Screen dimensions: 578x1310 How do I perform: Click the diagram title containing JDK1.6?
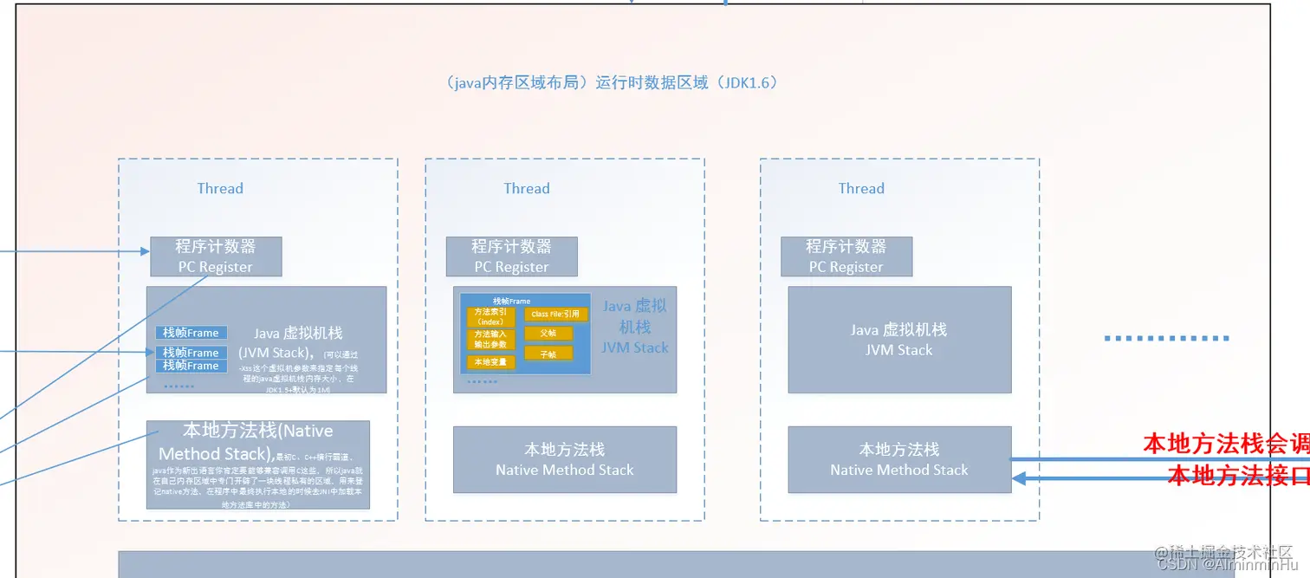(x=613, y=83)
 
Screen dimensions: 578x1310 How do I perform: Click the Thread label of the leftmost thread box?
(x=220, y=188)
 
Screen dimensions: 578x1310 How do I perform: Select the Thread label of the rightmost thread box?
(x=861, y=188)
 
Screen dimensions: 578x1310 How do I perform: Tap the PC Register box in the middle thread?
(x=511, y=257)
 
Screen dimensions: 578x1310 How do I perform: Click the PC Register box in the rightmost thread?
(x=846, y=257)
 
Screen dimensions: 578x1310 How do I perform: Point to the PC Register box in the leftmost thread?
(x=216, y=257)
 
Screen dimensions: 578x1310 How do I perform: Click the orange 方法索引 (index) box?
(x=490, y=316)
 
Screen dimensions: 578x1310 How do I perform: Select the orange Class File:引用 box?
(x=554, y=314)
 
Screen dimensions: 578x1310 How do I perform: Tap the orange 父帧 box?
(x=548, y=333)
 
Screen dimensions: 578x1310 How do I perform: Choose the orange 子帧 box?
(x=548, y=354)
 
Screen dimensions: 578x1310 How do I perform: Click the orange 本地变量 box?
(x=490, y=361)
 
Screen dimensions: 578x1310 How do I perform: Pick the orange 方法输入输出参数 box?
(x=490, y=339)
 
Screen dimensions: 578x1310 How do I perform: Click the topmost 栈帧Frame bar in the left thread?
(x=191, y=333)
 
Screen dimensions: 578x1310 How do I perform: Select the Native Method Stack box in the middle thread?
(x=564, y=459)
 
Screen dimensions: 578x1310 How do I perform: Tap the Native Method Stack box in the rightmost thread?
(x=898, y=459)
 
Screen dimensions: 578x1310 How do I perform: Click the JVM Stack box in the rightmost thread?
(x=898, y=340)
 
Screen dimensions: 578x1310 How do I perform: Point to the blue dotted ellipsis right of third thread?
(x=1166, y=338)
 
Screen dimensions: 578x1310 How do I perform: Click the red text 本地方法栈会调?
(x=1225, y=445)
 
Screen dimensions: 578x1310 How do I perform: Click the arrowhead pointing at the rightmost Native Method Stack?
(x=1021, y=477)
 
